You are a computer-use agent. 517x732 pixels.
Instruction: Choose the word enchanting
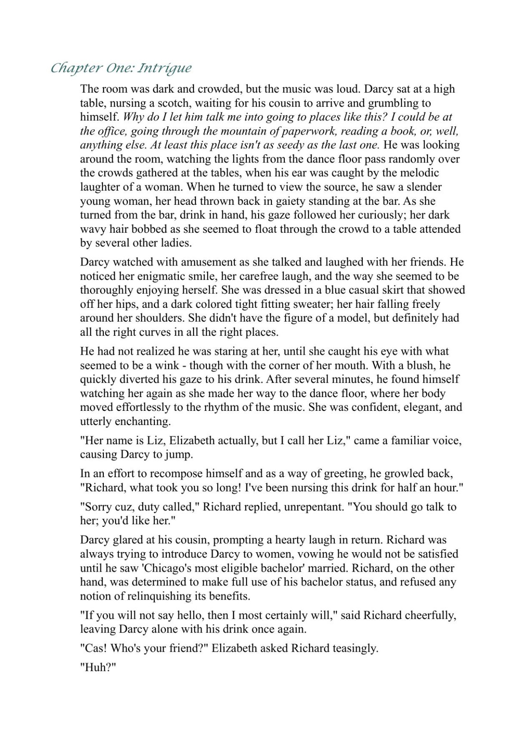point(143,421)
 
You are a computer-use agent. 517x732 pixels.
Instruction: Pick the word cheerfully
point(430,615)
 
